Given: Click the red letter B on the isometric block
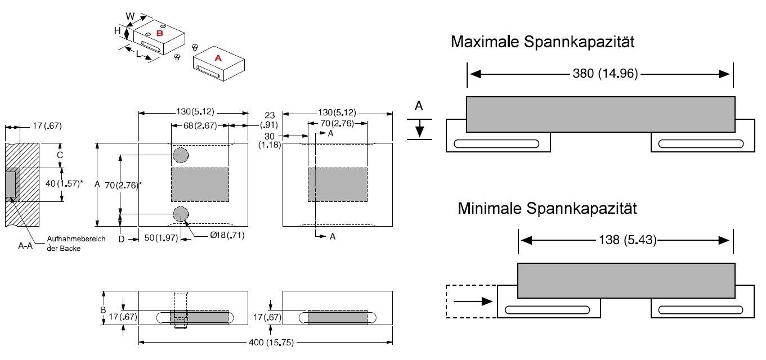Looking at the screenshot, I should [x=159, y=34].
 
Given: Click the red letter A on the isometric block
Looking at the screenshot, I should [x=218, y=57].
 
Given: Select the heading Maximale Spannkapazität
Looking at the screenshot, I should [x=543, y=42].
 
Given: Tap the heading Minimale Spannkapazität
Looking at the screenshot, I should [x=547, y=209].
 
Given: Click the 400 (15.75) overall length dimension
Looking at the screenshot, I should [x=266, y=343].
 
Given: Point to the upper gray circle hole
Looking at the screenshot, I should [x=181, y=155].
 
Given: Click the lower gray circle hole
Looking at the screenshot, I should [x=181, y=214].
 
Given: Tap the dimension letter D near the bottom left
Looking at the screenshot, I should [x=122, y=240].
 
